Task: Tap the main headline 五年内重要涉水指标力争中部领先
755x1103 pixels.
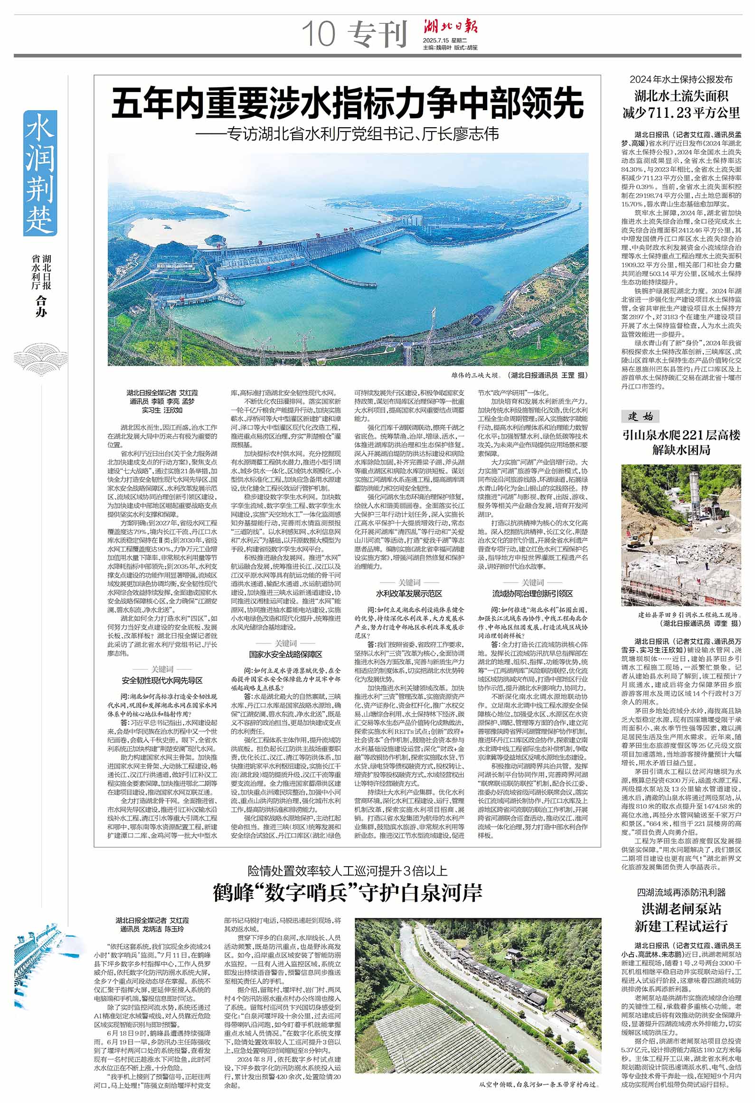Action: pos(347,104)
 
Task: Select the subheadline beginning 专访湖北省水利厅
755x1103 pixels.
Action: pos(347,134)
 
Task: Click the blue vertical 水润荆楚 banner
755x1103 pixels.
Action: pos(40,173)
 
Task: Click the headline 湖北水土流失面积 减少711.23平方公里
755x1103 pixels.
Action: pos(681,104)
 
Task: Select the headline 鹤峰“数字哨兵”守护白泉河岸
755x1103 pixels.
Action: pos(347,893)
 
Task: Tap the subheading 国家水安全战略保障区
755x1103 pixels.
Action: pos(285,654)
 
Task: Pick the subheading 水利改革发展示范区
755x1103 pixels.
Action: pos(409,594)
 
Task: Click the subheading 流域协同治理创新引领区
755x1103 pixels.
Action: pos(532,594)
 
